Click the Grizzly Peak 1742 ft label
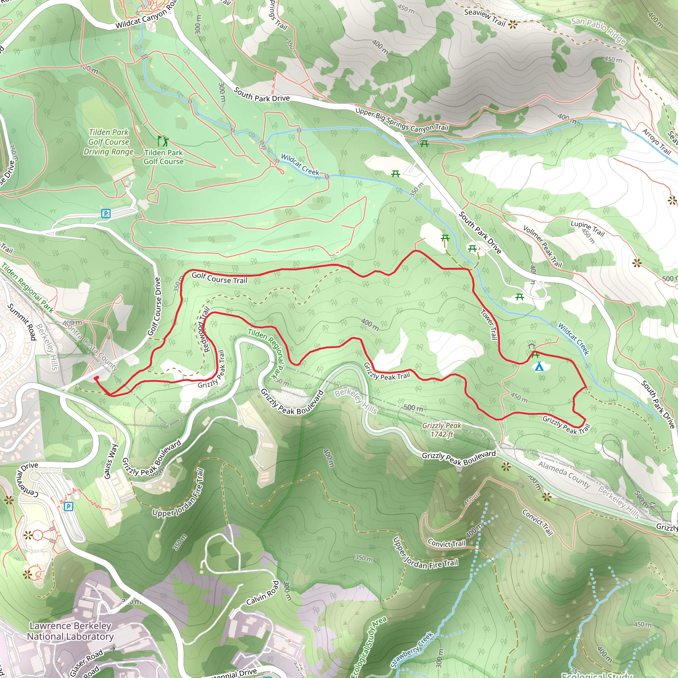(x=442, y=430)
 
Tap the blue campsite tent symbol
(x=539, y=367)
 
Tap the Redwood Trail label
(x=204, y=329)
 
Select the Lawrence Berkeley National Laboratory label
(x=70, y=631)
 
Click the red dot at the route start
(x=96, y=378)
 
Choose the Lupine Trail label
(x=588, y=228)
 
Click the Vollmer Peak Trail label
(x=543, y=247)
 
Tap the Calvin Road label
(x=263, y=593)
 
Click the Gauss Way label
(x=111, y=461)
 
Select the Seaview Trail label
(x=485, y=18)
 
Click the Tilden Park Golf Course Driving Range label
(x=109, y=142)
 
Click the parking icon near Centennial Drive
(x=69, y=507)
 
